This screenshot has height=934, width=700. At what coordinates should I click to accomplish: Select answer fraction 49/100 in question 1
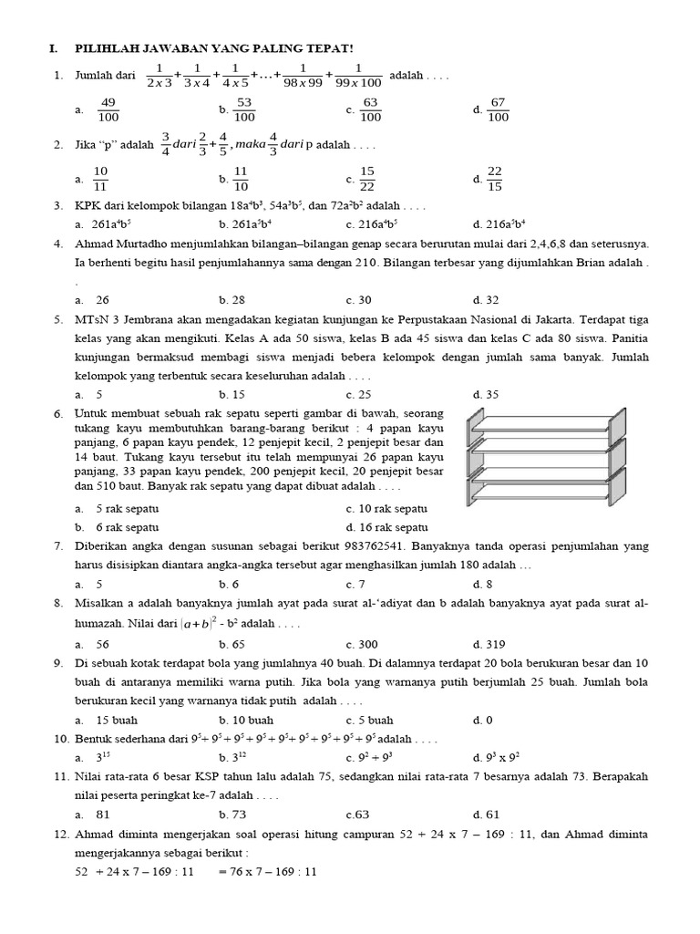coord(108,109)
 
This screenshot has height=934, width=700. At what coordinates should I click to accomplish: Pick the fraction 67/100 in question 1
coord(498,109)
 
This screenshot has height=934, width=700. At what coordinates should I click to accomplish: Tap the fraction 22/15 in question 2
coord(495,179)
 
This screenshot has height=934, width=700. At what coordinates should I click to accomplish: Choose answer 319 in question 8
coord(493,643)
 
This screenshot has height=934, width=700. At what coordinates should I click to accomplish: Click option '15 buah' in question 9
coord(116,720)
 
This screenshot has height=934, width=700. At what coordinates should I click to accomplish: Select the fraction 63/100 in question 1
coord(370,109)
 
